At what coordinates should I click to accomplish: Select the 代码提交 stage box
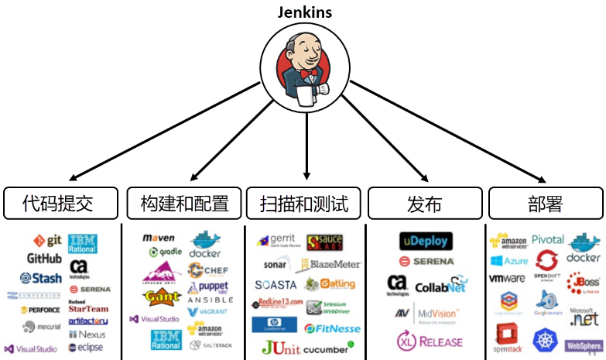pos(60,204)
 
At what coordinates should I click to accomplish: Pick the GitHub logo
pos(44,258)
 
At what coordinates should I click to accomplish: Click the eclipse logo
pos(85,348)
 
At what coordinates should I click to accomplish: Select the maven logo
pos(159,238)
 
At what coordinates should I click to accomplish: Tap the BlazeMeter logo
pos(331,265)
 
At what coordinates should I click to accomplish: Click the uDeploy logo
pos(424,241)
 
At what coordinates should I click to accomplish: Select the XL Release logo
pos(430,341)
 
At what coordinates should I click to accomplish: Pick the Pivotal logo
pos(547,240)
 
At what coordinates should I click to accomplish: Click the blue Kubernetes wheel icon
pos(546,338)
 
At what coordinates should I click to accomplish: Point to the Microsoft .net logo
pos(584,315)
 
